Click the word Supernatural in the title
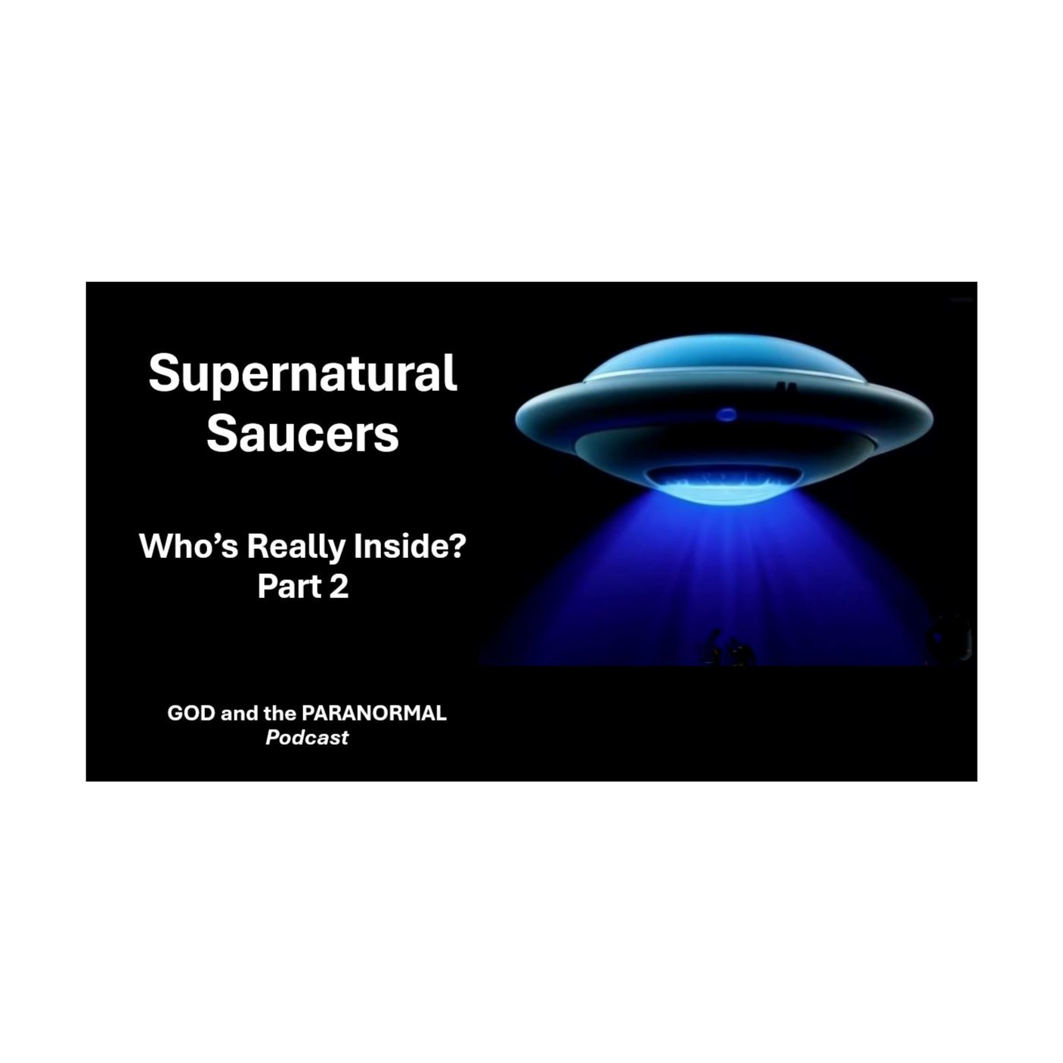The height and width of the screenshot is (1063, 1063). (302, 373)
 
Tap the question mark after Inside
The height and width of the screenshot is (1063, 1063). (457, 546)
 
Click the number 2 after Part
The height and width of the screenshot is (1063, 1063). (339, 587)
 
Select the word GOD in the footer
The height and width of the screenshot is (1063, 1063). (191, 713)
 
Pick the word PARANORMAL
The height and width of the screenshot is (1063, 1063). (373, 713)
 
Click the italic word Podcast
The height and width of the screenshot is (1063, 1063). (307, 737)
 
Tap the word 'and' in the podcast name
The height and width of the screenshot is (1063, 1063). (239, 713)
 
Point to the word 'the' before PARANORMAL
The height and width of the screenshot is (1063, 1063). (280, 713)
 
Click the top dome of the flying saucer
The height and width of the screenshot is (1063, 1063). (724, 355)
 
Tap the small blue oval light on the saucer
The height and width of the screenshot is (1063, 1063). (727, 414)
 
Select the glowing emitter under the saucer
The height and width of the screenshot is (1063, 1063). (724, 481)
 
